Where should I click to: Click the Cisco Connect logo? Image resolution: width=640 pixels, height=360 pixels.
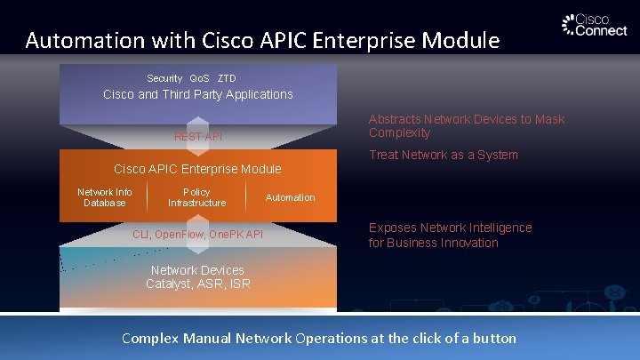coord(595,25)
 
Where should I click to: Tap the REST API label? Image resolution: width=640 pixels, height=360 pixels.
coord(198,136)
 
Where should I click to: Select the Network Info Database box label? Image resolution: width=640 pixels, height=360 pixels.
coord(105,197)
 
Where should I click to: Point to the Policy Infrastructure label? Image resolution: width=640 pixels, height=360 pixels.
coord(196,197)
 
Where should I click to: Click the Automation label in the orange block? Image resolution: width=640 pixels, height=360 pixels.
coord(290,197)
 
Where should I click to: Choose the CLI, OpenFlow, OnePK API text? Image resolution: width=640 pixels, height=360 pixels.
coord(197,235)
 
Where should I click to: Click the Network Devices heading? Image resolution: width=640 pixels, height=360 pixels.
coord(197,270)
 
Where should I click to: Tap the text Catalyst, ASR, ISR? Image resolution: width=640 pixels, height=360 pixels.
coord(198,284)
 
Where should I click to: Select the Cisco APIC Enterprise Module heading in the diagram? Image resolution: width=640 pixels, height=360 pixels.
coord(197,169)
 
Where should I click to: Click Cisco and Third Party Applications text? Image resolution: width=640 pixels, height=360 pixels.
coord(198,94)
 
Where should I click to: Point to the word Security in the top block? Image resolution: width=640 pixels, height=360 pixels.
coord(164,78)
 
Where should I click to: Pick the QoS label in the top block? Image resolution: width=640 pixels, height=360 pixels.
coord(200,78)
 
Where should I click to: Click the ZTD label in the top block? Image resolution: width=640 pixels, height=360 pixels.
coord(227,78)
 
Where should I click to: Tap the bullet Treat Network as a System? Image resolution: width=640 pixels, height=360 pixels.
coord(443,155)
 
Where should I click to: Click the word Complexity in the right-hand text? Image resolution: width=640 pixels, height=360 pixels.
coord(399,133)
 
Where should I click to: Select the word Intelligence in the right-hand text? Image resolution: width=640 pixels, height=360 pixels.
coord(493,228)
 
